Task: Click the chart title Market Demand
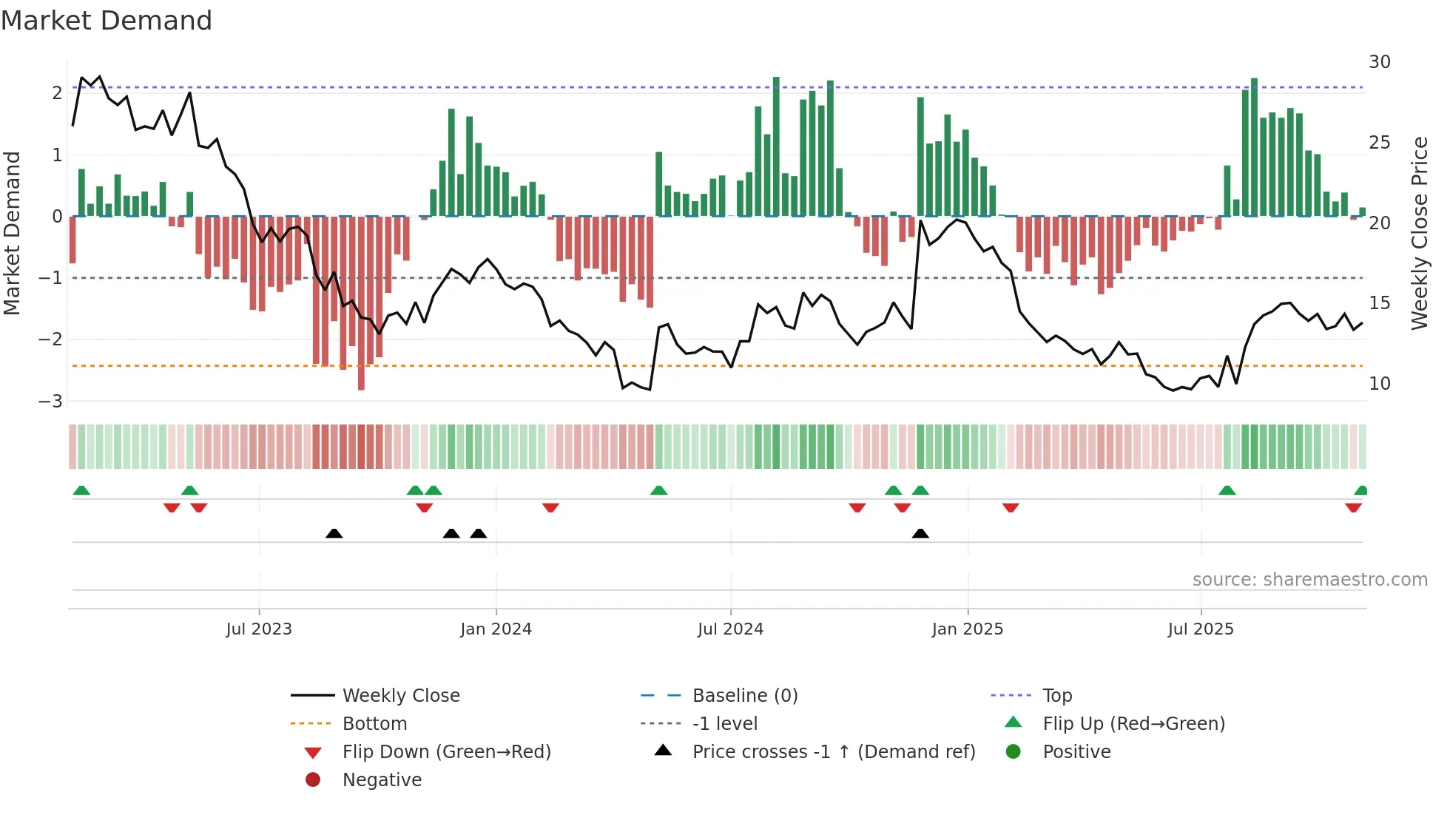[x=107, y=21]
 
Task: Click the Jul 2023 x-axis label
[x=259, y=629]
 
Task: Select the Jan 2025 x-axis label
[x=967, y=629]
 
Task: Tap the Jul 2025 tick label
[x=1201, y=629]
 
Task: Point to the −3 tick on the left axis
[x=51, y=401]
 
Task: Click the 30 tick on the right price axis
[x=1379, y=62]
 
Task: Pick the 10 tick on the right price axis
[x=1379, y=384]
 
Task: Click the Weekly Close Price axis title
[x=1419, y=233]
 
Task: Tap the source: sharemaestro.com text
[x=1309, y=580]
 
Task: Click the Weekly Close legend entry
[x=400, y=696]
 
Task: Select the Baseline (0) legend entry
[x=744, y=696]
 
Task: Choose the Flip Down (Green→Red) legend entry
[x=446, y=752]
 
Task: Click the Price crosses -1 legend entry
[x=833, y=752]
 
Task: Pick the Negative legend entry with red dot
[x=382, y=780]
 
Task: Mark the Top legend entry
[x=1056, y=696]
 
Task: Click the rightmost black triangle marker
[x=920, y=533]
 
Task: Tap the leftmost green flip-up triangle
[x=81, y=490]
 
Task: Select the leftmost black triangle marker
[x=334, y=533]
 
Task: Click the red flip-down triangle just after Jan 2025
[x=1011, y=507]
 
